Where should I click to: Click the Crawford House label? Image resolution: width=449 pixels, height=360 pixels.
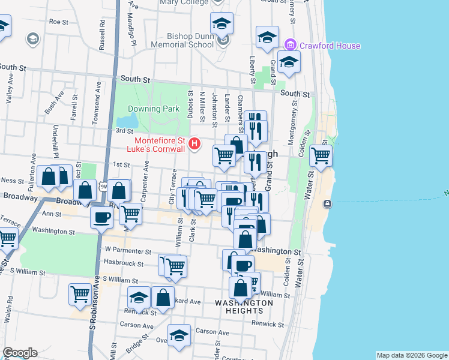coord(330,46)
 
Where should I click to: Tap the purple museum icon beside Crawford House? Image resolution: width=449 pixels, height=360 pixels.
coord(291,45)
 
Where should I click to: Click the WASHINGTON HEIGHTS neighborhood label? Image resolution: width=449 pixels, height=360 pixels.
coord(244,307)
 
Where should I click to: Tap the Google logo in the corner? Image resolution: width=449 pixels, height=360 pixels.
coord(20,353)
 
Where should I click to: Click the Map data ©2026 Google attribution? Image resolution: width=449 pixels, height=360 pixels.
coord(411,355)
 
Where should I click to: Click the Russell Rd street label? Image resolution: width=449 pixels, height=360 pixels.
coord(103,36)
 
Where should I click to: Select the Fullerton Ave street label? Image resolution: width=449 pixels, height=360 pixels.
coord(34,167)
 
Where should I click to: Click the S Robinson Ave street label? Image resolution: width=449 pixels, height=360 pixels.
coord(93,306)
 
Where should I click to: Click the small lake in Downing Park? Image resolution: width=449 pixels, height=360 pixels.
coord(137,117)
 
